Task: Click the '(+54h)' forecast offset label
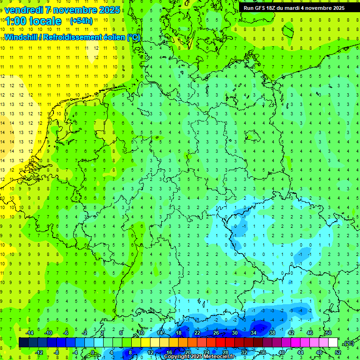click(81, 21)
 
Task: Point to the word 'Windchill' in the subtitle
click(21, 37)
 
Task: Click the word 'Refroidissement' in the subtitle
click(73, 37)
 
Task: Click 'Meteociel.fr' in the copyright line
click(219, 357)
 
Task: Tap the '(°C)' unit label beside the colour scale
click(348, 344)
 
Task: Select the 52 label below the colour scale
click(338, 352)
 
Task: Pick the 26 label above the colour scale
click(216, 333)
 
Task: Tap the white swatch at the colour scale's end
click(333, 343)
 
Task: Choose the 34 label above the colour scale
click(254, 333)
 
